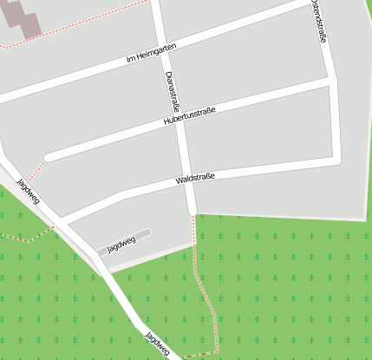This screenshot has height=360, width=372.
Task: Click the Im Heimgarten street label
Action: click(x=152, y=52)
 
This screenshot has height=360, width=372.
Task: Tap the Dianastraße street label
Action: click(x=172, y=92)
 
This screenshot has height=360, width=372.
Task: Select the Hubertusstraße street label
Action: click(x=189, y=116)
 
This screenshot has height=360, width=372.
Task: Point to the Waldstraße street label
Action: click(x=194, y=178)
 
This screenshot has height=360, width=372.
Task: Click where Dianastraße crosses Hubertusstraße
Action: click(x=179, y=120)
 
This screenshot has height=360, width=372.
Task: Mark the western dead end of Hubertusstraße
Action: click(x=48, y=157)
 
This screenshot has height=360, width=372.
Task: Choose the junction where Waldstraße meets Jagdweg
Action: click(x=63, y=218)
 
